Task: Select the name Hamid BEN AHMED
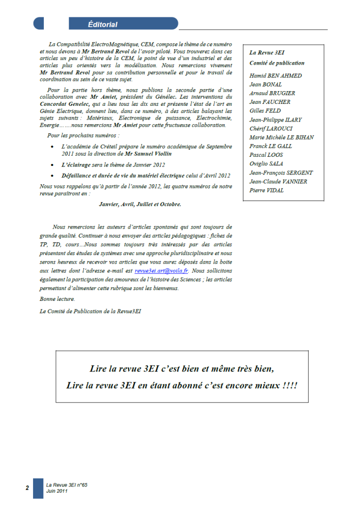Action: click(x=275, y=76)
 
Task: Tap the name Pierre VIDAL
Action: click(x=267, y=190)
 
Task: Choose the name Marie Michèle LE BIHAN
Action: click(x=281, y=137)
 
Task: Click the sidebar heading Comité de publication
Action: click(x=276, y=63)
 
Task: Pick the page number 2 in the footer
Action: click(x=27, y=488)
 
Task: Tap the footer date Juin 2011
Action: click(x=57, y=492)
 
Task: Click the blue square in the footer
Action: click(x=38, y=488)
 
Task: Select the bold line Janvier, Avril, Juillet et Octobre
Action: click(x=140, y=204)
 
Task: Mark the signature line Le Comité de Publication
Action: click(x=90, y=310)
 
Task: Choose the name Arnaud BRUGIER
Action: click(x=272, y=93)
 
